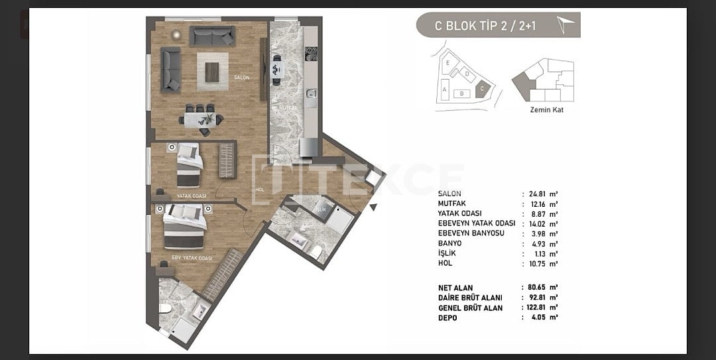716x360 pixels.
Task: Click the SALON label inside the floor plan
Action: pos(241,78)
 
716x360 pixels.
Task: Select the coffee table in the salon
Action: pos(212,71)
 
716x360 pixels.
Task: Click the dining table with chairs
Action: pos(201,119)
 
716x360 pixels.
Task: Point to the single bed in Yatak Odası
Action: pos(189,166)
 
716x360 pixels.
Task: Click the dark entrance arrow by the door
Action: pos(373,208)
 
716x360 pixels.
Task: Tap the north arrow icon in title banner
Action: pos(566,25)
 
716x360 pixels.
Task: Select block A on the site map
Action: pos(444,88)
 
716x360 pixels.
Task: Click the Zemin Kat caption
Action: pos(547,110)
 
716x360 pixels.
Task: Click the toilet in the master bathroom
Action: pos(166,308)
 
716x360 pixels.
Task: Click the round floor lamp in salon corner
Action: pos(176,33)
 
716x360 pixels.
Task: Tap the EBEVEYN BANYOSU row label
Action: pos(471,233)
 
